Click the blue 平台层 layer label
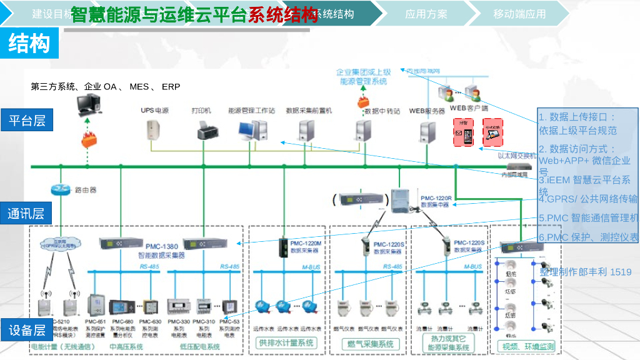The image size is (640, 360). [27, 120]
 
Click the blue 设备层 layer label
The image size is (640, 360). [27, 330]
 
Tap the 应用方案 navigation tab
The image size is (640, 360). [426, 14]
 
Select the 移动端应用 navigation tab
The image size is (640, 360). [519, 14]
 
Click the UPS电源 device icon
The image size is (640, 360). [154, 129]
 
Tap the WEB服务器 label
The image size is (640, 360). [427, 111]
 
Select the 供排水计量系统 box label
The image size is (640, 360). [287, 342]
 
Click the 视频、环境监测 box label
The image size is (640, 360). [526, 346]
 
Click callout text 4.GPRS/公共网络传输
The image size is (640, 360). [588, 199]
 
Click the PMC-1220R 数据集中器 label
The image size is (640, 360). [436, 201]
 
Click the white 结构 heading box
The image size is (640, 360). [29, 44]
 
